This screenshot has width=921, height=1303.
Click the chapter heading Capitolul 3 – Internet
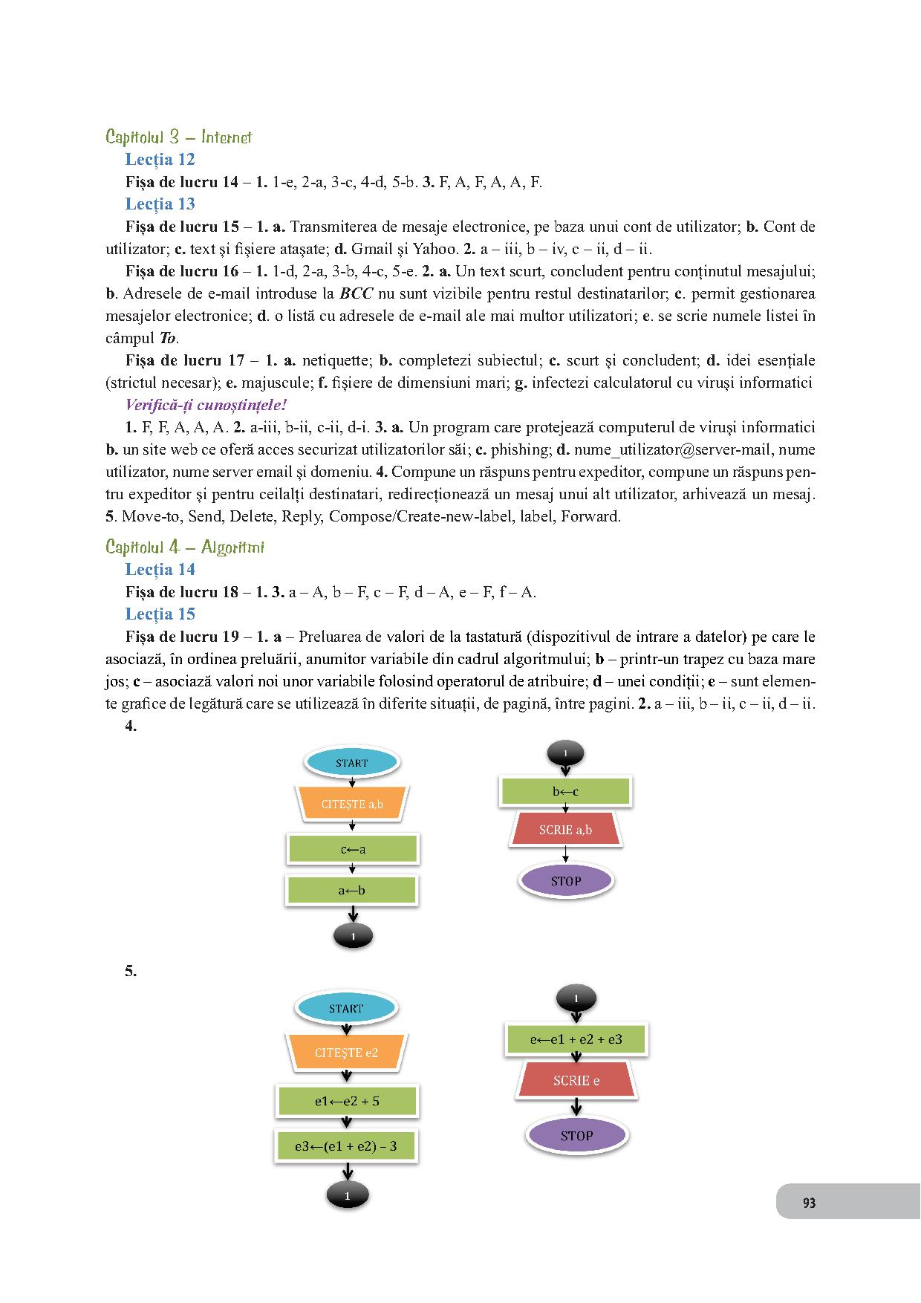tap(179, 137)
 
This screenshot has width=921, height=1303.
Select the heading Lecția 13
tap(160, 204)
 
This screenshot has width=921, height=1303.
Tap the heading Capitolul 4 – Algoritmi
tap(185, 547)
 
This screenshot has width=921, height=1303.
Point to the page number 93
tap(809, 1203)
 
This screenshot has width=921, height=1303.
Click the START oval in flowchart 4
tap(351, 762)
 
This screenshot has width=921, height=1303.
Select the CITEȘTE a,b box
tap(352, 804)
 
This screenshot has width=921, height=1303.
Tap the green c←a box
tap(352, 848)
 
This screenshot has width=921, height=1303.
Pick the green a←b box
tap(351, 889)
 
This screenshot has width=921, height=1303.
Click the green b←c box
tap(565, 791)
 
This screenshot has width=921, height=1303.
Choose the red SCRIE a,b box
tap(565, 830)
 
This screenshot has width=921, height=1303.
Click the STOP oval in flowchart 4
tap(565, 881)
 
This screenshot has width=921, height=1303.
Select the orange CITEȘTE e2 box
tap(346, 1053)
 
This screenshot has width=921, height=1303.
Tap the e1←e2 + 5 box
tap(347, 1101)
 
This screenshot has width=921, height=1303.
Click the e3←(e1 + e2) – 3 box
tap(346, 1146)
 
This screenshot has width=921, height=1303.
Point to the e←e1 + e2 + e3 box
tap(576, 1039)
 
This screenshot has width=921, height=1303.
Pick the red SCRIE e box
tap(576, 1081)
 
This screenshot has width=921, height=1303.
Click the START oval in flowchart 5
tap(346, 1008)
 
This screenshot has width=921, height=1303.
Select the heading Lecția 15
tap(160, 614)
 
